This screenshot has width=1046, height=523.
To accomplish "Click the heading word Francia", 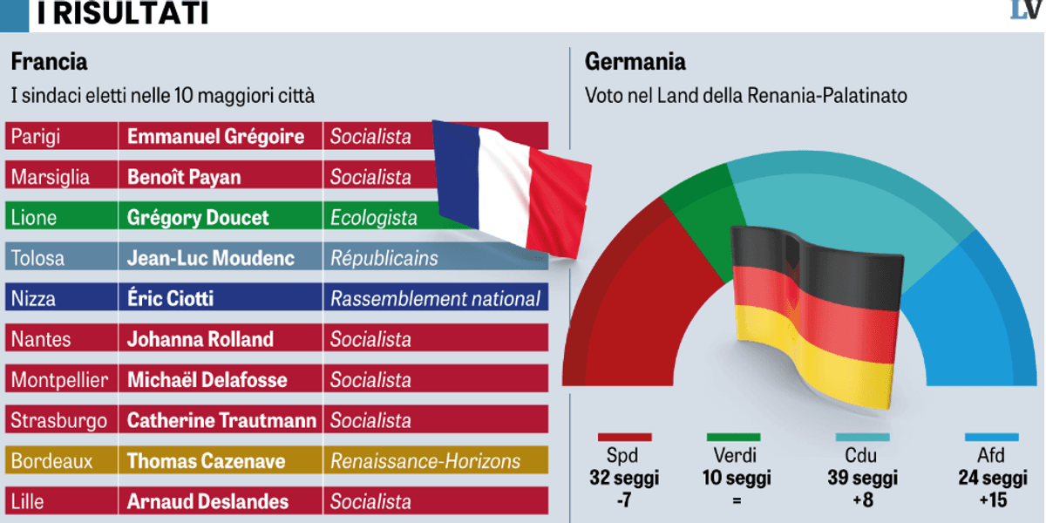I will (49, 62).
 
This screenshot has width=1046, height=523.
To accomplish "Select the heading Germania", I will (635, 62).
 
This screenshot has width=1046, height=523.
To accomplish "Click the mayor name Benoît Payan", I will (184, 177).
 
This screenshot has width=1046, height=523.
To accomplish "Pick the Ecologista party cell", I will (373, 218).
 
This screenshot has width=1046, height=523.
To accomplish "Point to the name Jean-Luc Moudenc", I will (211, 258).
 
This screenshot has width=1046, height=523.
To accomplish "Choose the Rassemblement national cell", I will (435, 299).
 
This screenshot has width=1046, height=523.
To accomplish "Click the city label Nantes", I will (41, 339).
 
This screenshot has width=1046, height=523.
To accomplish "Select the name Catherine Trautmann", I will (221, 420).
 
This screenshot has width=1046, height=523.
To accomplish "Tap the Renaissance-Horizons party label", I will (425, 461).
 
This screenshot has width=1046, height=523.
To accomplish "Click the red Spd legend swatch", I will (624, 437).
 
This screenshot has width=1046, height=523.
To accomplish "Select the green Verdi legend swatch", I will (733, 437).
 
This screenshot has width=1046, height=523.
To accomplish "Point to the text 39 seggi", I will (862, 478).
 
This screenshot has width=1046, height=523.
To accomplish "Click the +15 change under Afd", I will (992, 499).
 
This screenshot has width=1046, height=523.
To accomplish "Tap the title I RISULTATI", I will (123, 14).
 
